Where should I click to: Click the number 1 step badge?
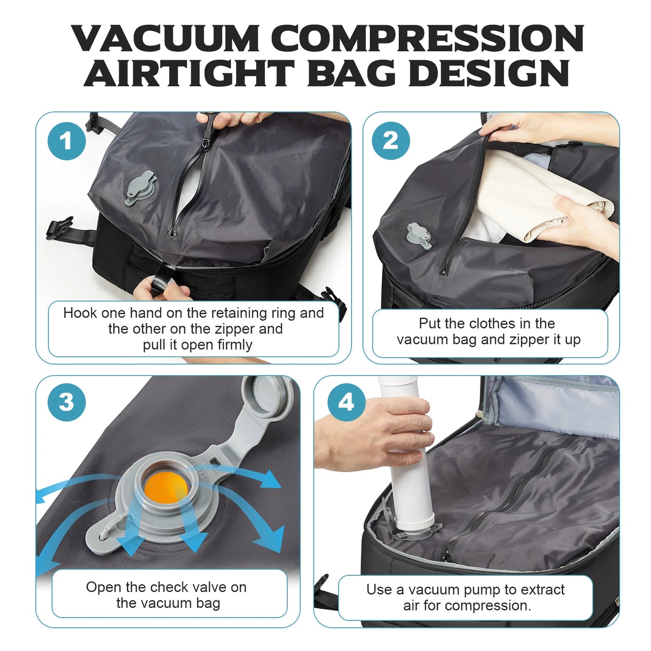tap(66, 141)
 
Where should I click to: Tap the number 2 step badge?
tap(391, 141)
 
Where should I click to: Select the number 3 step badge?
tap(66, 402)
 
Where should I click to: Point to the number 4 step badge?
tap(346, 402)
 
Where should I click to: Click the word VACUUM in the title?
tap(166, 38)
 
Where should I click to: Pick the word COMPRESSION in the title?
tap(429, 38)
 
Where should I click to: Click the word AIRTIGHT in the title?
tap(189, 73)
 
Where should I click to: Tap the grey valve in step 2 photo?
tap(419, 236)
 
